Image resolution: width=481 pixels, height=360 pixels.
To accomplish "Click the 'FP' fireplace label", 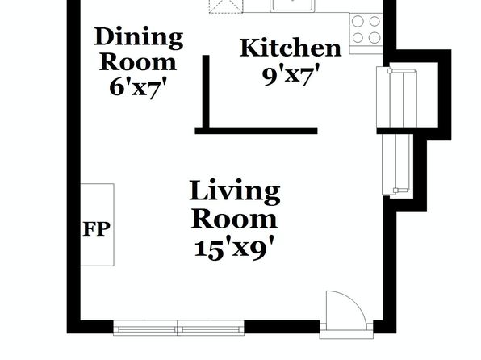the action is pyautogui.click(x=96, y=229).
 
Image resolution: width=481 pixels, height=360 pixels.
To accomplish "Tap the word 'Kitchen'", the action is pyautogui.click(x=291, y=48).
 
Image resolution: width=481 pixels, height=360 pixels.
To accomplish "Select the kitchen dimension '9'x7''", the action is pyautogui.click(x=291, y=74).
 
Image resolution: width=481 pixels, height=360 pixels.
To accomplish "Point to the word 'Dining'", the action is pyautogui.click(x=138, y=38).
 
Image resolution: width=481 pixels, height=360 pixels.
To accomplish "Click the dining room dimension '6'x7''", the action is pyautogui.click(x=138, y=87).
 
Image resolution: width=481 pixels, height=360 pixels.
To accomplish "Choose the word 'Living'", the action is pyautogui.click(x=235, y=192).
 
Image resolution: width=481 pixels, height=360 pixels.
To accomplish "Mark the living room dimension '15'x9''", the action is pyautogui.click(x=234, y=248).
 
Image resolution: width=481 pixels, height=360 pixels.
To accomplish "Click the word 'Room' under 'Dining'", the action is pyautogui.click(x=138, y=62).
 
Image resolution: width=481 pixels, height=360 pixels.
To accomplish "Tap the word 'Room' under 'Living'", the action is pyautogui.click(x=234, y=219).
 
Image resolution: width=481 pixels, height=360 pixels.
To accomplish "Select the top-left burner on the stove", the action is pyautogui.click(x=358, y=22).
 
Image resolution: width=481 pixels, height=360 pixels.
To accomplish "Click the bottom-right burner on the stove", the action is pyautogui.click(x=374, y=38).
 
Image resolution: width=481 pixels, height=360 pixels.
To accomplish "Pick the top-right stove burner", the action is pyautogui.click(x=374, y=22).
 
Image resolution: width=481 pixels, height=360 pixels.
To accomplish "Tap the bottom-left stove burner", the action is pyautogui.click(x=358, y=38).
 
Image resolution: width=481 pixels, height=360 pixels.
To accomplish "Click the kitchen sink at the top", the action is pyautogui.click(x=292, y=6).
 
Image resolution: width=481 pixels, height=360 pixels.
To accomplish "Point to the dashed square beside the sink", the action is pyautogui.click(x=226, y=6).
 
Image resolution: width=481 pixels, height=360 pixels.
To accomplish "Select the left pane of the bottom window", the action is pyautogui.click(x=145, y=328).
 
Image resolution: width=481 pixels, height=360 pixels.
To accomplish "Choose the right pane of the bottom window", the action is pyautogui.click(x=211, y=328).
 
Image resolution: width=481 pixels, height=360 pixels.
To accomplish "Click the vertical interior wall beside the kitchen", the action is pyautogui.click(x=206, y=91).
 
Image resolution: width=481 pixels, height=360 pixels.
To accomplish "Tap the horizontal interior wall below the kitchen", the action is pyautogui.click(x=256, y=131).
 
